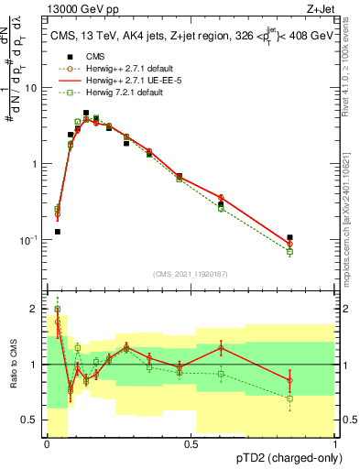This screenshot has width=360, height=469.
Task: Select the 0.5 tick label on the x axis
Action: click(x=191, y=443)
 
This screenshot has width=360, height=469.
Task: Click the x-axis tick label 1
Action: click(x=335, y=443)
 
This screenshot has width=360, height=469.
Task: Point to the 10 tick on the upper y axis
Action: click(x=32, y=88)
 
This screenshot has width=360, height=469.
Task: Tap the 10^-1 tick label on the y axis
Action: click(x=30, y=240)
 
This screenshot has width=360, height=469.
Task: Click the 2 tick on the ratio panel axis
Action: click(x=35, y=309)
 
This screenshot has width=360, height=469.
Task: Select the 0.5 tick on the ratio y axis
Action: click(x=32, y=420)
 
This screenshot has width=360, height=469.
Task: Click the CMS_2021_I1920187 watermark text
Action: click(x=191, y=273)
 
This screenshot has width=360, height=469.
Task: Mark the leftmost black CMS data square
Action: click(x=57, y=232)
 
